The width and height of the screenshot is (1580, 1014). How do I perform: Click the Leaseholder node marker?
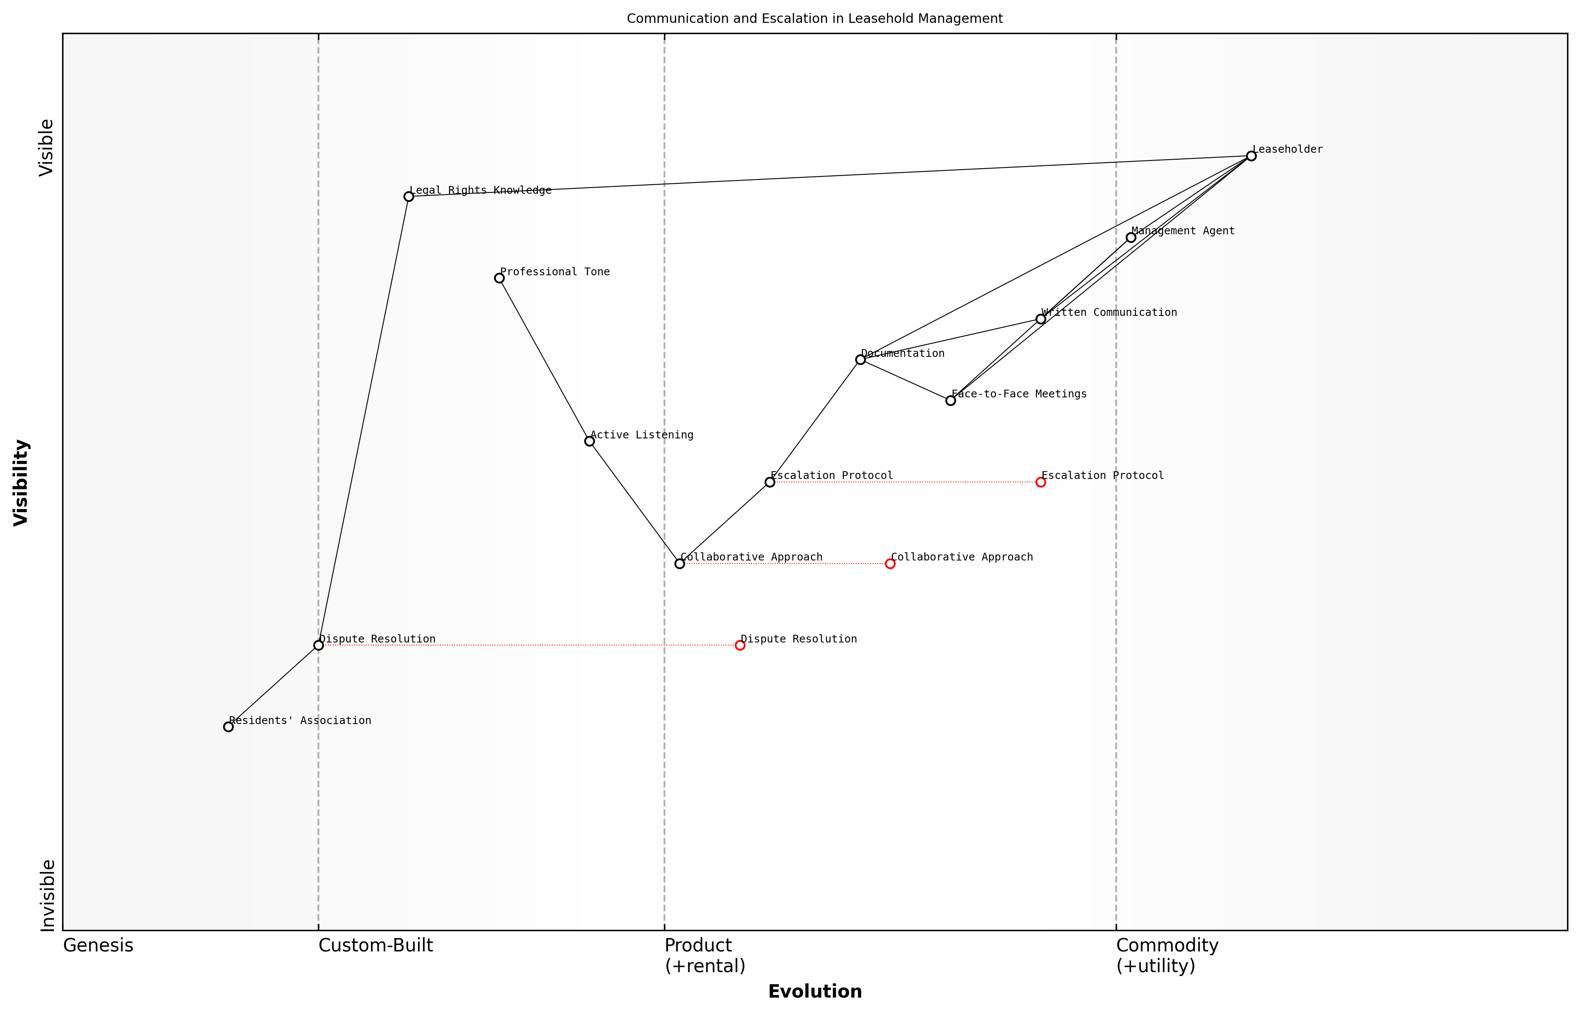tap(1251, 156)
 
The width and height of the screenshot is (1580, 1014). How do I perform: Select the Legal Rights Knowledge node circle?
tap(409, 196)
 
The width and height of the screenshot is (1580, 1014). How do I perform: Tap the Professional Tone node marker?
tap(499, 278)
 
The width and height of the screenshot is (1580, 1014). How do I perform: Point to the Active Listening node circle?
tap(589, 441)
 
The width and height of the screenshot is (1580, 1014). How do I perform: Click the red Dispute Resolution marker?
tap(740, 645)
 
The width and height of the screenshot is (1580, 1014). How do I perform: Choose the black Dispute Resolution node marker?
tap(319, 645)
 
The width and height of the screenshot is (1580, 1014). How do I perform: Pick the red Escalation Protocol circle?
tap(1041, 482)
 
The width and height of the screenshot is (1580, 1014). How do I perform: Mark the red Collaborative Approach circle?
tap(890, 564)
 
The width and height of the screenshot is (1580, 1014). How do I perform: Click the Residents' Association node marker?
tap(228, 727)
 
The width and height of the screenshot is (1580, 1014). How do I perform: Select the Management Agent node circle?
tap(1131, 238)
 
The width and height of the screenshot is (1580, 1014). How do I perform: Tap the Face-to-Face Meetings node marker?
tap(951, 400)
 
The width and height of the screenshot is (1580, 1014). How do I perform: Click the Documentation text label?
tap(903, 353)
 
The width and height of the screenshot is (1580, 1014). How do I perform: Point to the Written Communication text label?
tap(1109, 313)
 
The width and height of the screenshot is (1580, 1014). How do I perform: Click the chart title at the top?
tap(814, 19)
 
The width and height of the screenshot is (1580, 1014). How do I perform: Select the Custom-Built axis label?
tap(376, 945)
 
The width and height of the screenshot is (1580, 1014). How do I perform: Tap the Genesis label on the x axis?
tap(98, 945)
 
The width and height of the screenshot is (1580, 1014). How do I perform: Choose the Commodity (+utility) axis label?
tap(1167, 955)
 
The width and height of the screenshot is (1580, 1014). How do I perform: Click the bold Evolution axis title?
tap(814, 992)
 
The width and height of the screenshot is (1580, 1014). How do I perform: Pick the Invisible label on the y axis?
tap(47, 895)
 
